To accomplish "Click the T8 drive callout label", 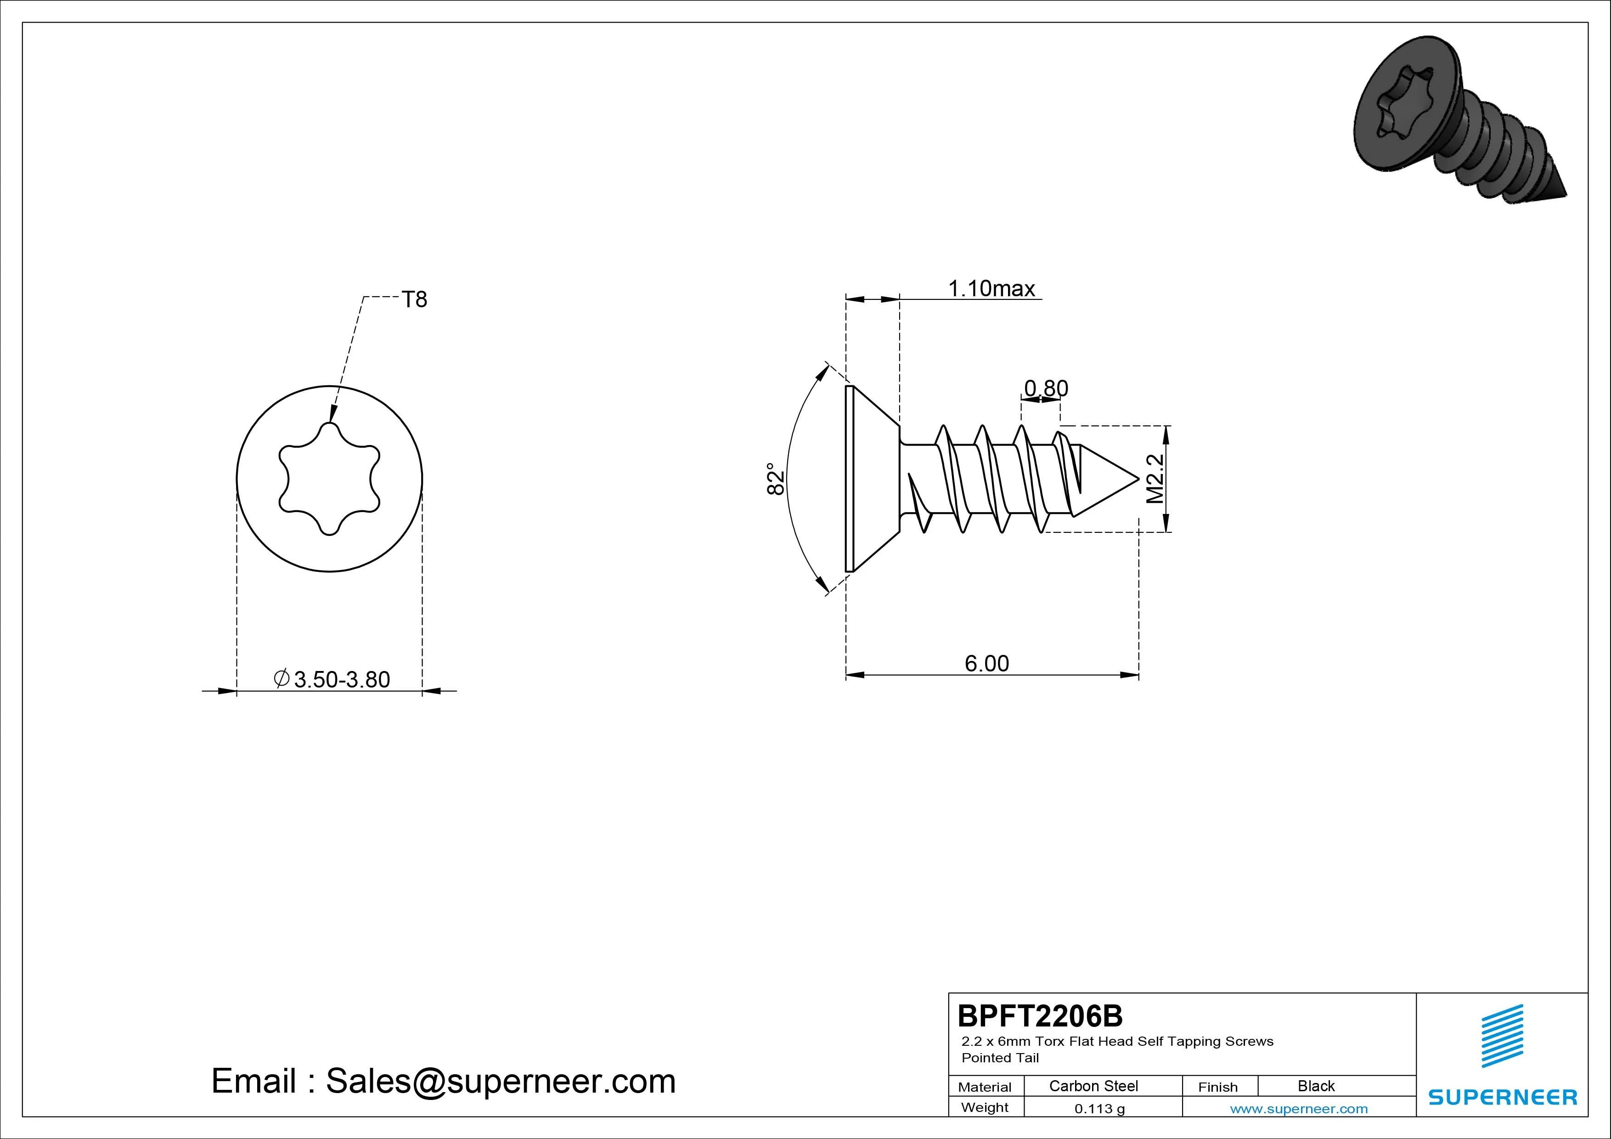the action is [x=414, y=299].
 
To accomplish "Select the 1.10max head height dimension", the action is [x=991, y=288].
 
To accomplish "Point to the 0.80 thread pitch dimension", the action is [x=1046, y=388].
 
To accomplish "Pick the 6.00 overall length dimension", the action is [x=986, y=663].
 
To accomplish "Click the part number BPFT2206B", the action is [x=1040, y=1015].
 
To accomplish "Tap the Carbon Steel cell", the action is [x=1093, y=1086].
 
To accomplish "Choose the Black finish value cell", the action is [x=1316, y=1086].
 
